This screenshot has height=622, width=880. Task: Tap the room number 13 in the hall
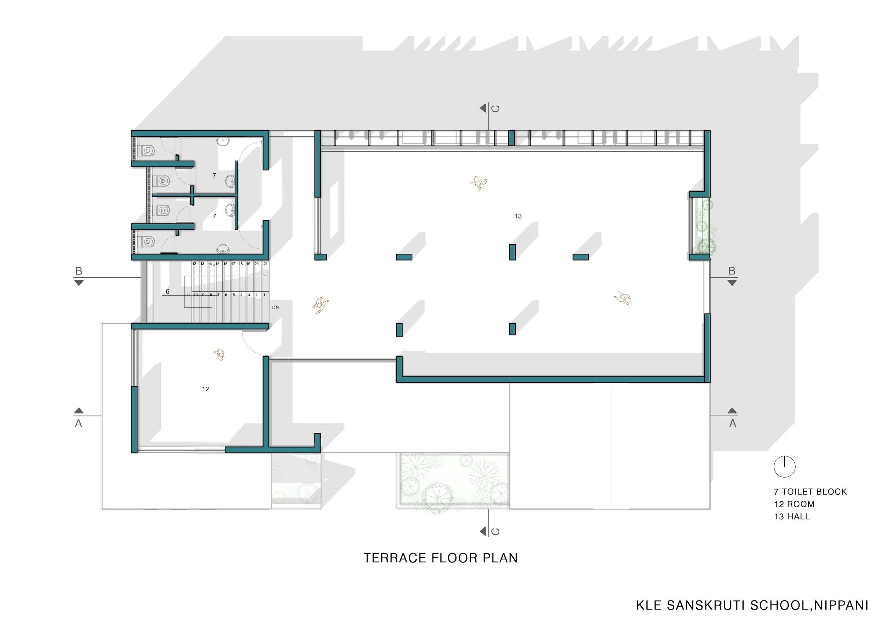coord(518,217)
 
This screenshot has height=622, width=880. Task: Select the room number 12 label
coord(206,389)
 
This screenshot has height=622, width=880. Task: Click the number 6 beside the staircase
coord(168,292)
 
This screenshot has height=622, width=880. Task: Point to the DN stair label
coord(276,308)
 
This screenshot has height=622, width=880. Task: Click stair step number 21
coord(265,264)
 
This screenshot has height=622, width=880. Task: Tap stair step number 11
coord(188,295)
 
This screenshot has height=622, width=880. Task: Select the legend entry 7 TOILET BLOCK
coord(810,492)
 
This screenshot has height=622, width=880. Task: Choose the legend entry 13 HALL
coord(792,516)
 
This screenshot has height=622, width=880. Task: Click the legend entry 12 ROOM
coord(794,504)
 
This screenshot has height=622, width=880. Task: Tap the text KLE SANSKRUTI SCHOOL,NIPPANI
coord(752,605)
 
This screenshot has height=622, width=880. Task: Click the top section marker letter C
coord(495,109)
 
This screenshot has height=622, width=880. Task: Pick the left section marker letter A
coord(78,423)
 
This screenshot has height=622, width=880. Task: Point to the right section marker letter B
coord(731,271)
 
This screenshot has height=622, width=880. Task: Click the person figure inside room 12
coord(220,355)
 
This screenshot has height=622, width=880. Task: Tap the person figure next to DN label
coord(320,305)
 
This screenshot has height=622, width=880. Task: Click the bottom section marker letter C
coord(495,531)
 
